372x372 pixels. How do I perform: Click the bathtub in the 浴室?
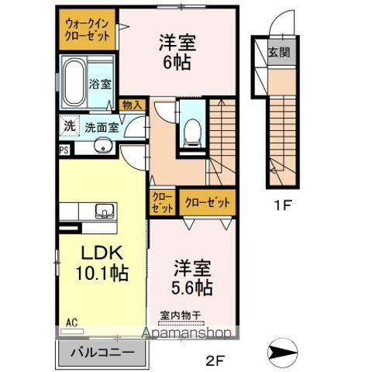point(74,83)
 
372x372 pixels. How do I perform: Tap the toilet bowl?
point(192,132)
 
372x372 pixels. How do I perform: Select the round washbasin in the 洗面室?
point(103,145)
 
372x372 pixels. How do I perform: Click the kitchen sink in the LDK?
point(105,211)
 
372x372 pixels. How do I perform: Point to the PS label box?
point(64,150)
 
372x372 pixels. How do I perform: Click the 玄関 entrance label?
point(279,53)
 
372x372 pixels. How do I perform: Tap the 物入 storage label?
point(132,105)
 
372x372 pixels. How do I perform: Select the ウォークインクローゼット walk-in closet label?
point(87,29)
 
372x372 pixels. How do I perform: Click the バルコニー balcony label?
point(103,353)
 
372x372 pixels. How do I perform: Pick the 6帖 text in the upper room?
point(177,63)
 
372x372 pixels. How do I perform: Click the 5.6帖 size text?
point(192,288)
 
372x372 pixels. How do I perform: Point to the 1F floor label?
point(282,205)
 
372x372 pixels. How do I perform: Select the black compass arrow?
point(282,352)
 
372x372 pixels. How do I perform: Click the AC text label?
point(72,322)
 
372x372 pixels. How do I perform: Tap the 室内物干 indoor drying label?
point(181,315)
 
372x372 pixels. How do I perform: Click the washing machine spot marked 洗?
point(69,126)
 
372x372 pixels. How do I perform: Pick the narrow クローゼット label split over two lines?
point(162,203)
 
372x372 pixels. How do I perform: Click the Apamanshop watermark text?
point(187,333)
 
